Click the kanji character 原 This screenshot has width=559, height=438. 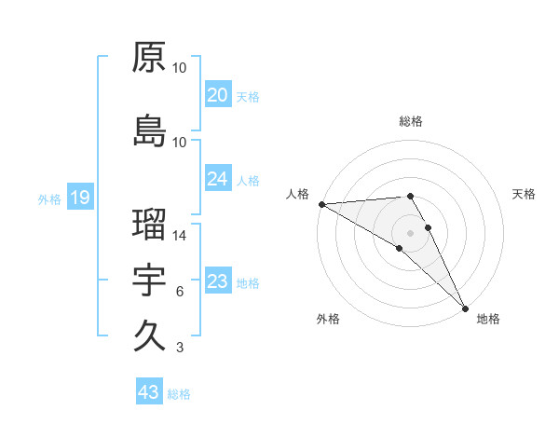pyautogui.click(x=150, y=57)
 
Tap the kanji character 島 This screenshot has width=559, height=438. pyautogui.click(x=150, y=130)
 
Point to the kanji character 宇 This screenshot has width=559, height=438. pyautogui.click(x=150, y=281)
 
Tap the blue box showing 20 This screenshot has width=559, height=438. pyautogui.click(x=217, y=95)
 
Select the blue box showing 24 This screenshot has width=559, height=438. pyautogui.click(x=217, y=179)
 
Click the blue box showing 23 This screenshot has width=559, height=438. pyautogui.click(x=217, y=281)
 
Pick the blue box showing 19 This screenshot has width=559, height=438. pyautogui.click(x=79, y=198)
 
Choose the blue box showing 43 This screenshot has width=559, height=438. pyautogui.click(x=148, y=392)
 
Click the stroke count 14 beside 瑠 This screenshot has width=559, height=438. pyautogui.click(x=180, y=236)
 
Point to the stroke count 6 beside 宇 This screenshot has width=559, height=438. pyautogui.click(x=179, y=292)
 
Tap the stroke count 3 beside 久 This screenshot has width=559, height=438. pyautogui.click(x=179, y=348)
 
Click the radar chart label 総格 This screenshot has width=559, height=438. pyautogui.click(x=411, y=121)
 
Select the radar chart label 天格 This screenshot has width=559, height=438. pyautogui.click(x=524, y=194)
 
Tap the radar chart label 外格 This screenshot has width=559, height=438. pyautogui.click(x=328, y=319)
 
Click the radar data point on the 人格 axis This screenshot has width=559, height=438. pyautogui.click(x=321, y=204)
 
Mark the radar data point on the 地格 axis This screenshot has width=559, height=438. pyautogui.click(x=465, y=307)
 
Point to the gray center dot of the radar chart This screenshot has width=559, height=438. pyautogui.click(x=410, y=232)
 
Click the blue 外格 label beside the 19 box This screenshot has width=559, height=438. pyautogui.click(x=48, y=198)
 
